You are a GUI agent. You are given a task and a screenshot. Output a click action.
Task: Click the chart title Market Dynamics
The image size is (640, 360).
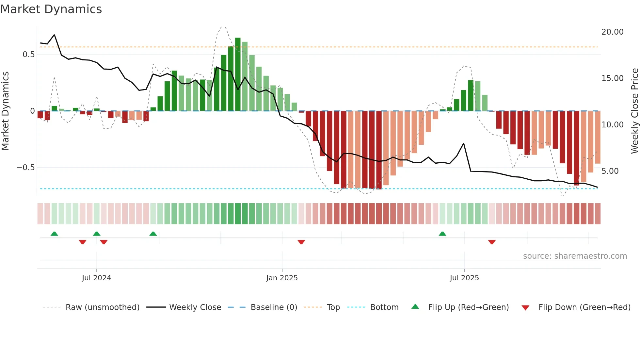[x=51, y=9]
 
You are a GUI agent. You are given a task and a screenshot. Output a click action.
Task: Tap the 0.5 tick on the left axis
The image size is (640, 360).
[x=28, y=55]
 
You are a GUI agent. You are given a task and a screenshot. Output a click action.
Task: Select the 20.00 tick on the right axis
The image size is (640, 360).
[x=612, y=32]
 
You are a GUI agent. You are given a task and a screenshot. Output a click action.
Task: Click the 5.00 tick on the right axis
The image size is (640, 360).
[x=610, y=171]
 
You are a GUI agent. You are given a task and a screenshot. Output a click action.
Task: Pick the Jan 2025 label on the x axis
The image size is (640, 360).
[x=282, y=278]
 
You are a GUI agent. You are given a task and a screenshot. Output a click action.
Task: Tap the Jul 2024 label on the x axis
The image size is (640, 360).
[x=96, y=278]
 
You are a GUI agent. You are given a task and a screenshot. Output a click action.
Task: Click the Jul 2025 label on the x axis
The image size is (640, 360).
[x=464, y=278]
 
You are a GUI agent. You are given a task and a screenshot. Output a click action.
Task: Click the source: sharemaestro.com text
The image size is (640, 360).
[x=575, y=256]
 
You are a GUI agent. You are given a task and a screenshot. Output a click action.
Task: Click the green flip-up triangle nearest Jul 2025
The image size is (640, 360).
[x=442, y=234]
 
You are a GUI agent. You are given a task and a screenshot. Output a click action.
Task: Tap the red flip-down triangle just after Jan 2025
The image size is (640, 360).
[x=301, y=242]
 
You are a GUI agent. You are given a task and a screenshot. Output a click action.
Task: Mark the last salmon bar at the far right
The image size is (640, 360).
[x=598, y=137]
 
